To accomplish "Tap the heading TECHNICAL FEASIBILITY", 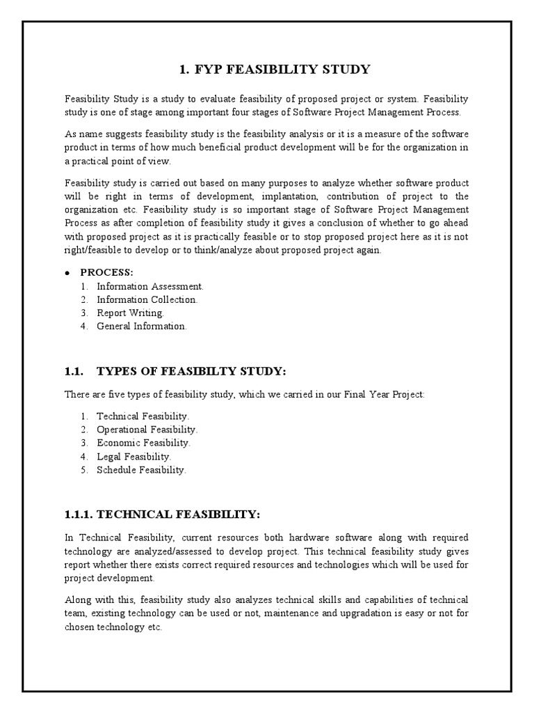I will point(178,515).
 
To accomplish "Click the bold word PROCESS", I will point(106,272).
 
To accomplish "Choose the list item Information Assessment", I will point(150,286).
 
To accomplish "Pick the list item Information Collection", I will point(147,299).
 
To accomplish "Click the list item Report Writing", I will point(131,313).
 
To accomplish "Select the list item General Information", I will point(142,326).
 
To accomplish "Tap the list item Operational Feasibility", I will point(147,430).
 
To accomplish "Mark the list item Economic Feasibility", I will point(143,443).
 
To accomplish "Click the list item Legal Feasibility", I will point(133,457).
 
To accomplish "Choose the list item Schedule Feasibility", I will point(142,470).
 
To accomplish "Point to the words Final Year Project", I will point(387,395).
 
